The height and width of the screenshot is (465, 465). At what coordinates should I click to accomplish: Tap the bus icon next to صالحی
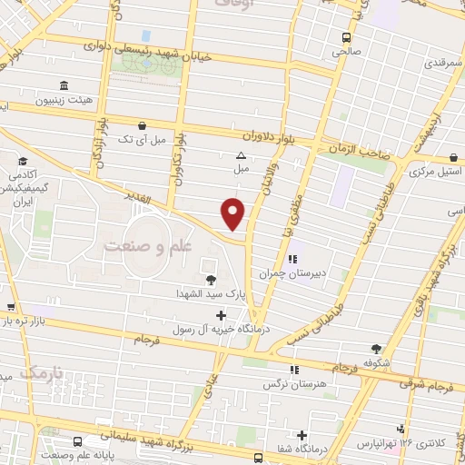tap(345, 37)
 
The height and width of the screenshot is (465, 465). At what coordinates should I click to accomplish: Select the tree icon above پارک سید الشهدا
tap(211, 280)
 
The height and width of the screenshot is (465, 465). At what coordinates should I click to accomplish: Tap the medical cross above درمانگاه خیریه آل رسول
tap(221, 314)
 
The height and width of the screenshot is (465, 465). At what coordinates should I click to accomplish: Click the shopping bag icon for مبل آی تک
tap(141, 125)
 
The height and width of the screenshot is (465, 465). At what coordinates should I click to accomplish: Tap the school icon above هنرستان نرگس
tap(293, 370)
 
